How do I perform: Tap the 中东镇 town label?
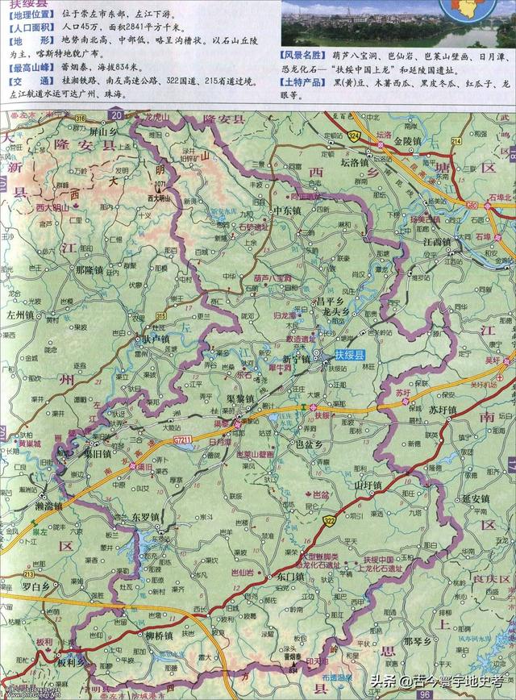tap(286, 211)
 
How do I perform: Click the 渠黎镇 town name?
tap(241, 399)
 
